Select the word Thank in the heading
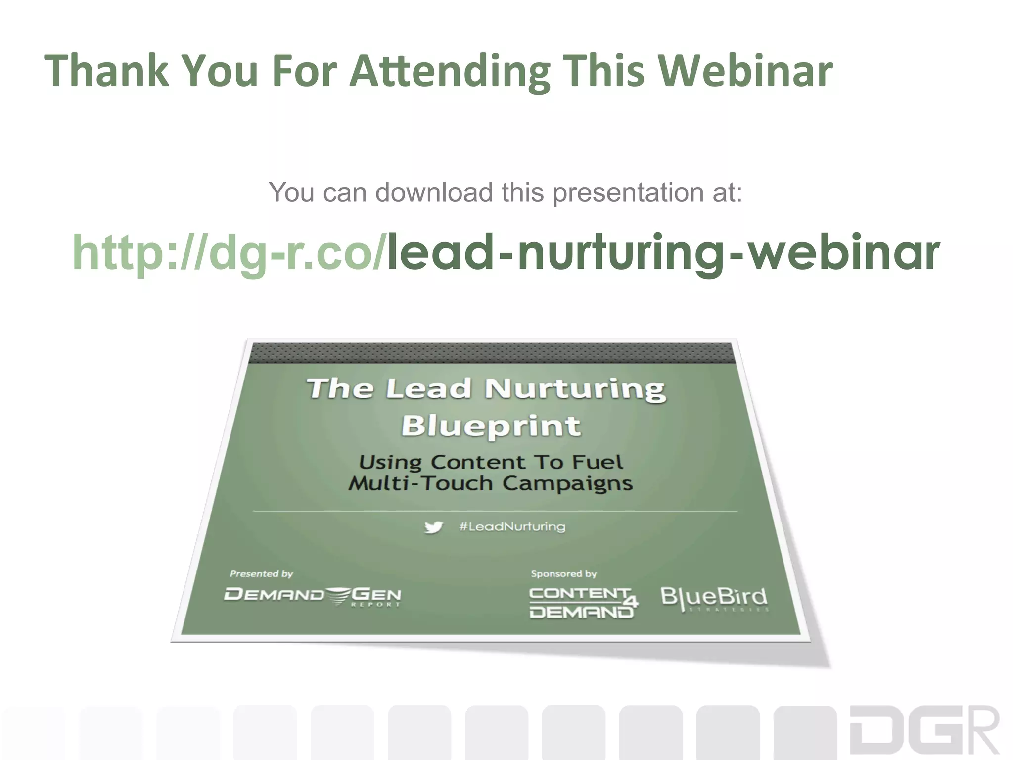click(106, 70)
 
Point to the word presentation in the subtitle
click(628, 193)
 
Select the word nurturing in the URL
click(620, 253)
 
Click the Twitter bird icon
click(434, 527)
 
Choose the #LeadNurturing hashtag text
click(512, 526)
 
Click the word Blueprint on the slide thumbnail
click(491, 426)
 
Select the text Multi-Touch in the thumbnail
click(420, 483)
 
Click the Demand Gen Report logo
click(313, 596)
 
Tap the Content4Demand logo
click(583, 602)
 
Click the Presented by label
click(261, 574)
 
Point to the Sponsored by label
click(563, 574)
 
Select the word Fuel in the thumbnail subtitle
click(597, 462)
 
